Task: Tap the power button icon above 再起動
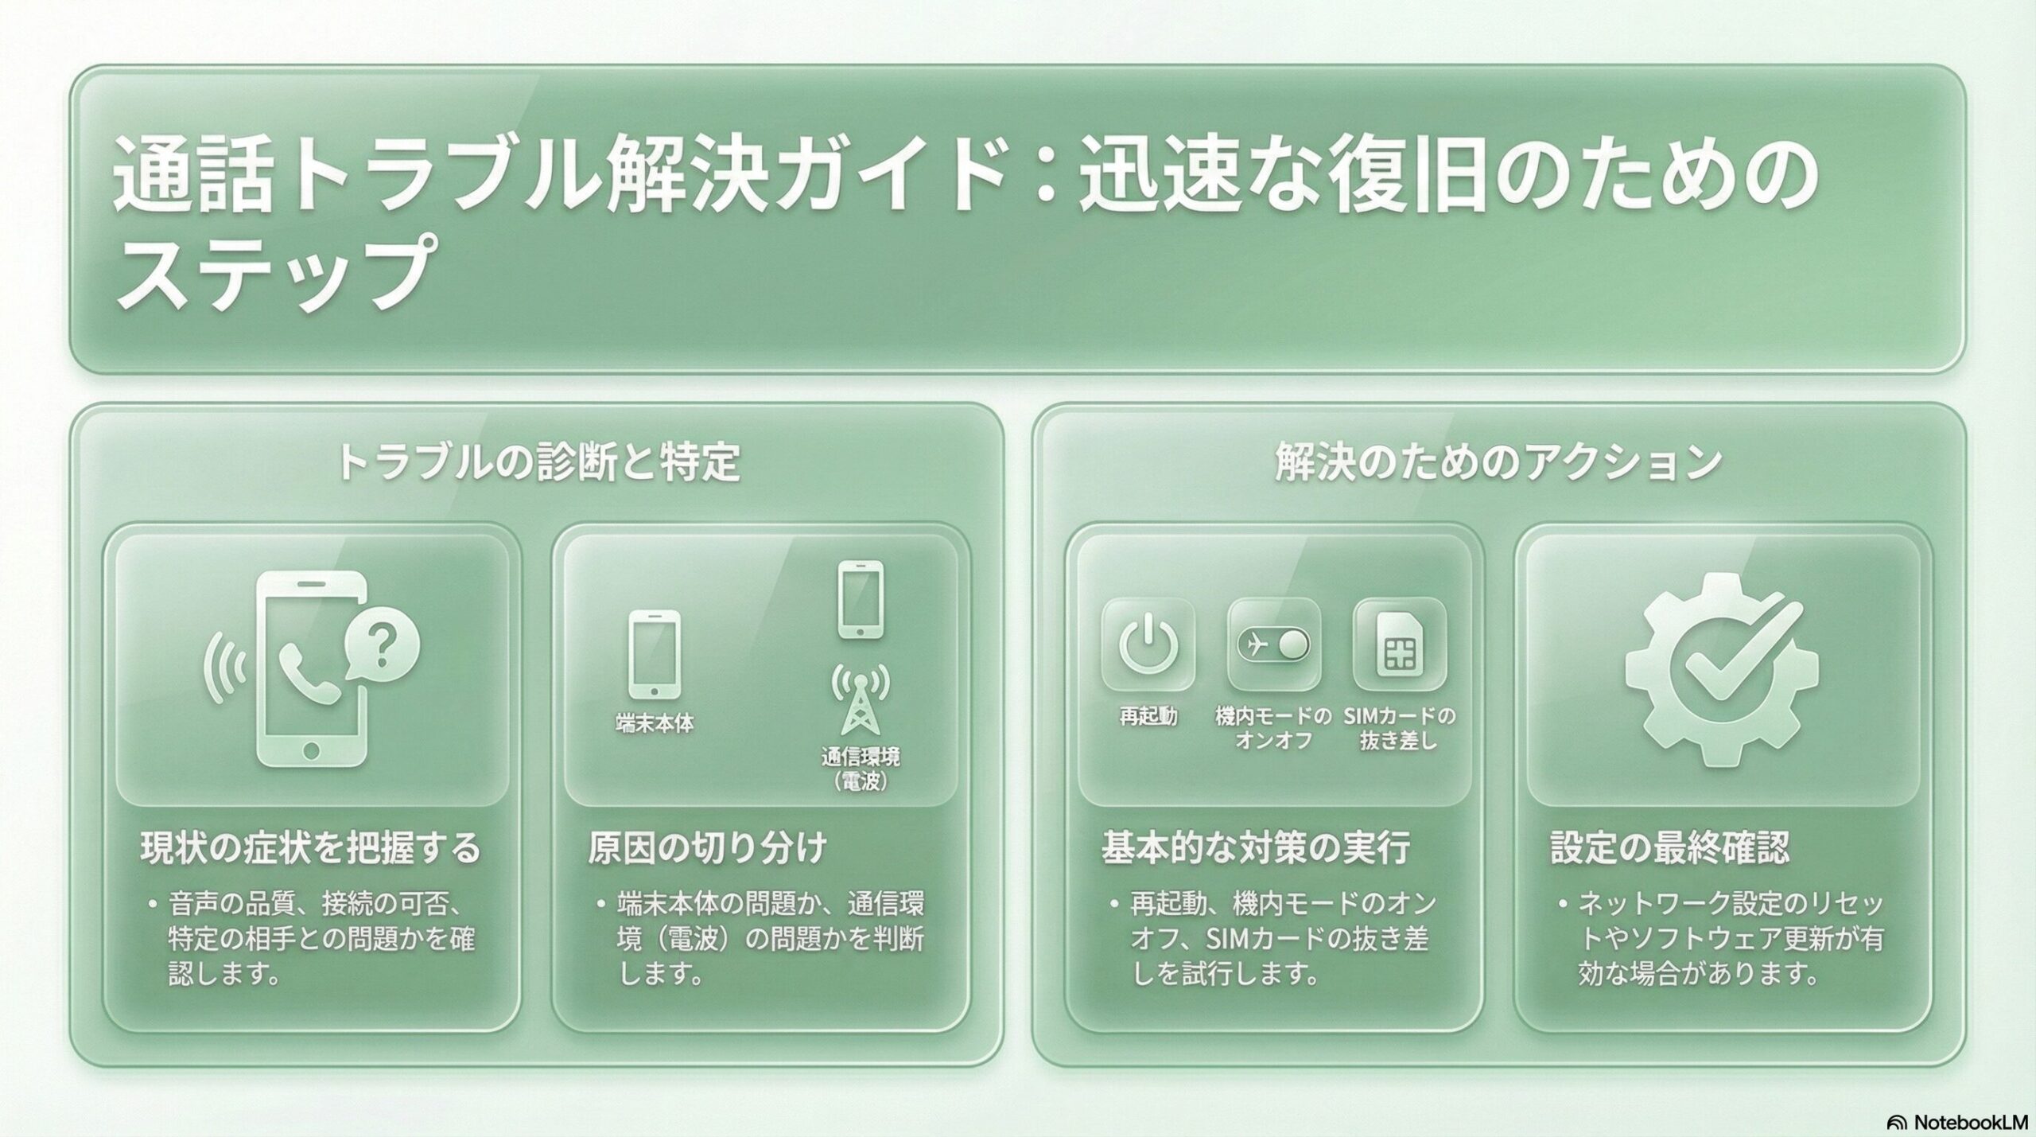[x=1148, y=644]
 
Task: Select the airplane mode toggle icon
[x=1274, y=644]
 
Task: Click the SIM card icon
[x=1399, y=644]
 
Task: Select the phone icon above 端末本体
[x=655, y=654]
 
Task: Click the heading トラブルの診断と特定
[x=538, y=463]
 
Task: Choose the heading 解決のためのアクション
[x=1498, y=463]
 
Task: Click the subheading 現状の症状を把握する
[x=311, y=848]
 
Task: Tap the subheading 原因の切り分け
[x=707, y=848]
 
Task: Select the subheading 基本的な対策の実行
[x=1256, y=848]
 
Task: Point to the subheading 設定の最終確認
[x=1670, y=848]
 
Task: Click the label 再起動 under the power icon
[x=1148, y=717]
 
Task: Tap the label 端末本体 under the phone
[x=655, y=723]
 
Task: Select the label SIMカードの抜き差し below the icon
[x=1399, y=729]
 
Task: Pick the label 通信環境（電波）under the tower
[x=861, y=769]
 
